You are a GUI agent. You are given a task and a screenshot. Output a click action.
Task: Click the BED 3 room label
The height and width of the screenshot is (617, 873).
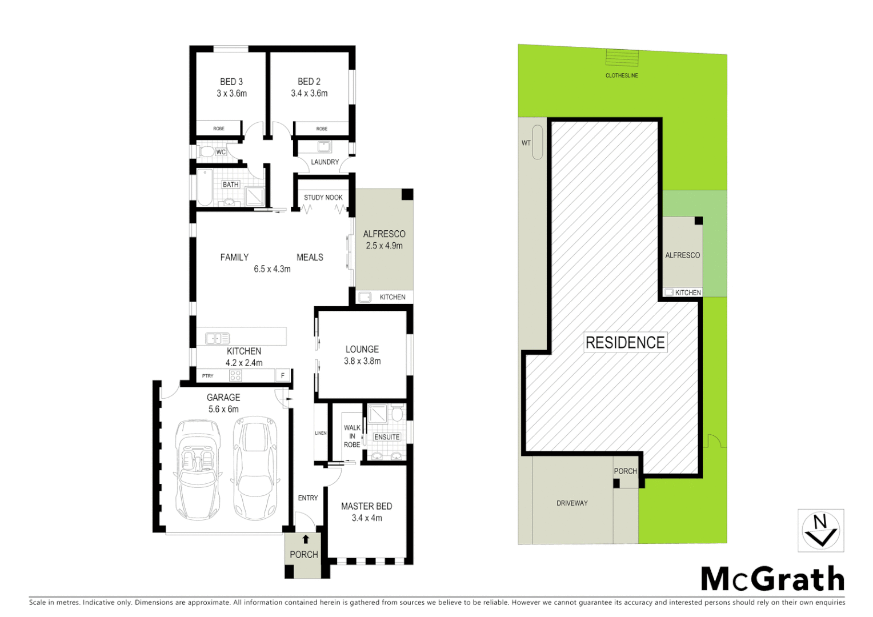click(x=231, y=82)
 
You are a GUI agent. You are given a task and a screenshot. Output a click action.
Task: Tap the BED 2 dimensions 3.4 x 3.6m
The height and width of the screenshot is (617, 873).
click(x=309, y=93)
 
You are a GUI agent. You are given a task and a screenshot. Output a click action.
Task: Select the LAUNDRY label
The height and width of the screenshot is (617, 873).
click(x=325, y=162)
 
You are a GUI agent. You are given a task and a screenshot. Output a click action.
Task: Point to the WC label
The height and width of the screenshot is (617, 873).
click(x=221, y=152)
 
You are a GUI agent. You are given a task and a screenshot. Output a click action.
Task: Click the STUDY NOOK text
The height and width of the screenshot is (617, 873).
click(x=323, y=198)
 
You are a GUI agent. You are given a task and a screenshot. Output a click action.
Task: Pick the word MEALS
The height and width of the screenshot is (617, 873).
click(x=310, y=258)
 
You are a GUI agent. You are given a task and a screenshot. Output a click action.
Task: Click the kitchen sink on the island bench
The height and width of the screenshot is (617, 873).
click(x=217, y=338)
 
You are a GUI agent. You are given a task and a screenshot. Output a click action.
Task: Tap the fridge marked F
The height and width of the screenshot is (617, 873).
click(x=282, y=376)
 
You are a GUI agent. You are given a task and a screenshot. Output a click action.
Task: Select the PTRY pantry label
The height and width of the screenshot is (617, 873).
click(x=207, y=376)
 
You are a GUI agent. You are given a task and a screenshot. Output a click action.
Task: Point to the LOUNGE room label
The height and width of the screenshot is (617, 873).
click(x=362, y=349)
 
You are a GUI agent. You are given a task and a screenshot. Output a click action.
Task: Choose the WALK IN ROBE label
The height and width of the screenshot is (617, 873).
click(x=352, y=436)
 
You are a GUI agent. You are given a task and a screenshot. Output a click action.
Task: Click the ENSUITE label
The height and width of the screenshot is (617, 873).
click(x=387, y=437)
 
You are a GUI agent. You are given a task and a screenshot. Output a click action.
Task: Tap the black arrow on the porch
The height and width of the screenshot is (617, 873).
click(x=306, y=539)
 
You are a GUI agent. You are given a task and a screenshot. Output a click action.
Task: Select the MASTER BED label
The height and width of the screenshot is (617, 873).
click(x=366, y=506)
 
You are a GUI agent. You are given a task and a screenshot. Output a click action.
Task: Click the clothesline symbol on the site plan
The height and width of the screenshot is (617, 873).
click(x=622, y=58)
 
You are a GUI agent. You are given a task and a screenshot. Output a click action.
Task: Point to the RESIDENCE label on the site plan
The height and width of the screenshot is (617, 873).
click(x=625, y=343)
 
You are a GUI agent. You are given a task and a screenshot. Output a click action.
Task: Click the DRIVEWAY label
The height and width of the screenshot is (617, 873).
click(x=572, y=503)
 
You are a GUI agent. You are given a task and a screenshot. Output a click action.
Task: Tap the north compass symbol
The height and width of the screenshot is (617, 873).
click(x=820, y=531)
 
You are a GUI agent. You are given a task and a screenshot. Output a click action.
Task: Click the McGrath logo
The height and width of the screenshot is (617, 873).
click(x=772, y=579)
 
